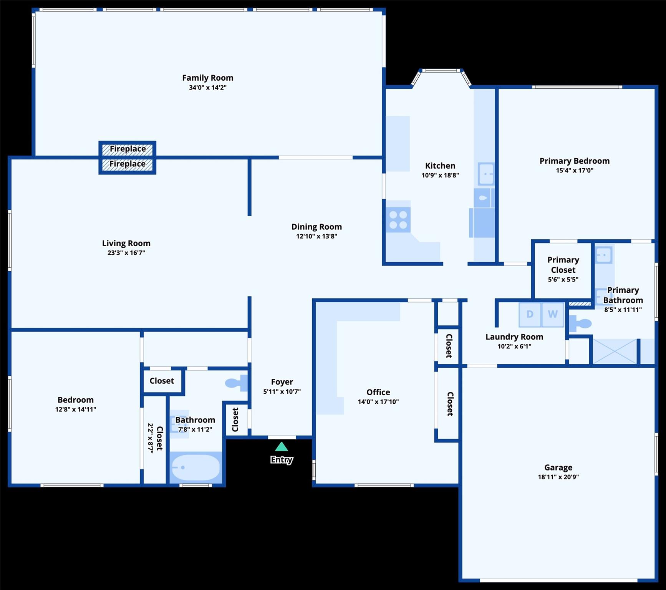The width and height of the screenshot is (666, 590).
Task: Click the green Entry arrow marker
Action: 282,446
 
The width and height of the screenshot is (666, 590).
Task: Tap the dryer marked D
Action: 530,315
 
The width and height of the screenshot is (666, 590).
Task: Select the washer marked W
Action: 553,315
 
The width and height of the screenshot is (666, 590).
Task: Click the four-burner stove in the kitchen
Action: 398,220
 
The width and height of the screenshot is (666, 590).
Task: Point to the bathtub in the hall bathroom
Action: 196,467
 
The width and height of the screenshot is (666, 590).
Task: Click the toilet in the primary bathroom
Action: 580,323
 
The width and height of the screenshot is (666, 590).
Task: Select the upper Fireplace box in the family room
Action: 128,149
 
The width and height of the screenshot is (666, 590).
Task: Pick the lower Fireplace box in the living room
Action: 128,165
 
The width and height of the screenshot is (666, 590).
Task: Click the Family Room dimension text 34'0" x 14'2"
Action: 208,88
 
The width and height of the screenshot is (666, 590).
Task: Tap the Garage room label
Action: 558,467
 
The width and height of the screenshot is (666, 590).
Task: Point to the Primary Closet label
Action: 563,265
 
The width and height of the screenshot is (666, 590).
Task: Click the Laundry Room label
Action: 514,337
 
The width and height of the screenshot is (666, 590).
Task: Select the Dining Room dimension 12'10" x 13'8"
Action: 316,236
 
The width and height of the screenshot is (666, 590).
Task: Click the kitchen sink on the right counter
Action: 486,174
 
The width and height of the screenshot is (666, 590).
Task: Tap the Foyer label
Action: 282,382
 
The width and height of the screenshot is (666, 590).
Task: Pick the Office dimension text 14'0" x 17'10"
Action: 378,402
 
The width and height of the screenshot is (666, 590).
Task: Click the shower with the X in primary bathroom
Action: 615,351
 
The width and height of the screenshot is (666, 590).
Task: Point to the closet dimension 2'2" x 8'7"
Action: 151,438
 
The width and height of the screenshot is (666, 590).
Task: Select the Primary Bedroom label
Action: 575,161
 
